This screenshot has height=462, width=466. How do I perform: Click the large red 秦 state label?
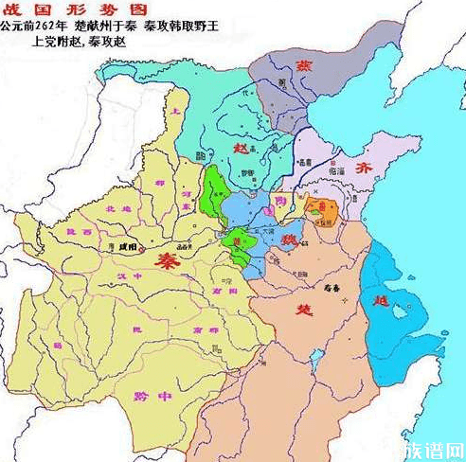click(x=170, y=258)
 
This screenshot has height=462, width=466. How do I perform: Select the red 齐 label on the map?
click(x=364, y=166)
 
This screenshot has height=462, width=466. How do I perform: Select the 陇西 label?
click(x=79, y=230)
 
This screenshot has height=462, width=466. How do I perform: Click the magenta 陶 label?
click(x=278, y=201)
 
